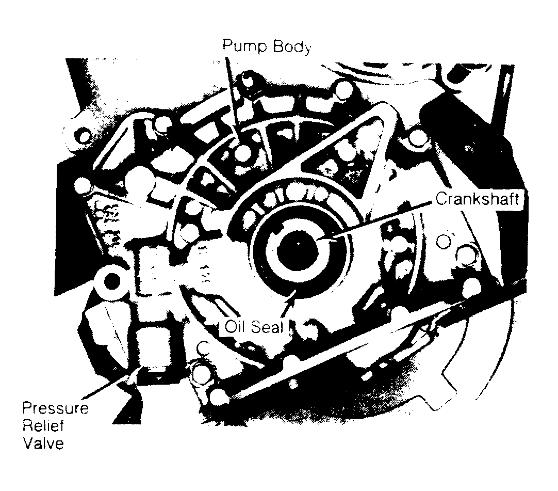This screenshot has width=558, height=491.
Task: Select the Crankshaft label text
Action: tap(477, 199)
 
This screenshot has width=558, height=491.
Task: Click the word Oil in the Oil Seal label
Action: tap(236, 326)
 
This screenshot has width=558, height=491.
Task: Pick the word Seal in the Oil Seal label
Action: tap(267, 326)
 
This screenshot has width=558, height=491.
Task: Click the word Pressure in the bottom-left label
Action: tap(55, 408)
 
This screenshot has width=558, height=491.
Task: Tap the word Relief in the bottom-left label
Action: tap(43, 426)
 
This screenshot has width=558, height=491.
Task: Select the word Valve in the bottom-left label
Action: tap(43, 444)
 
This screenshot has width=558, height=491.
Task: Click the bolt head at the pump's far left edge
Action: tap(83, 186)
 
